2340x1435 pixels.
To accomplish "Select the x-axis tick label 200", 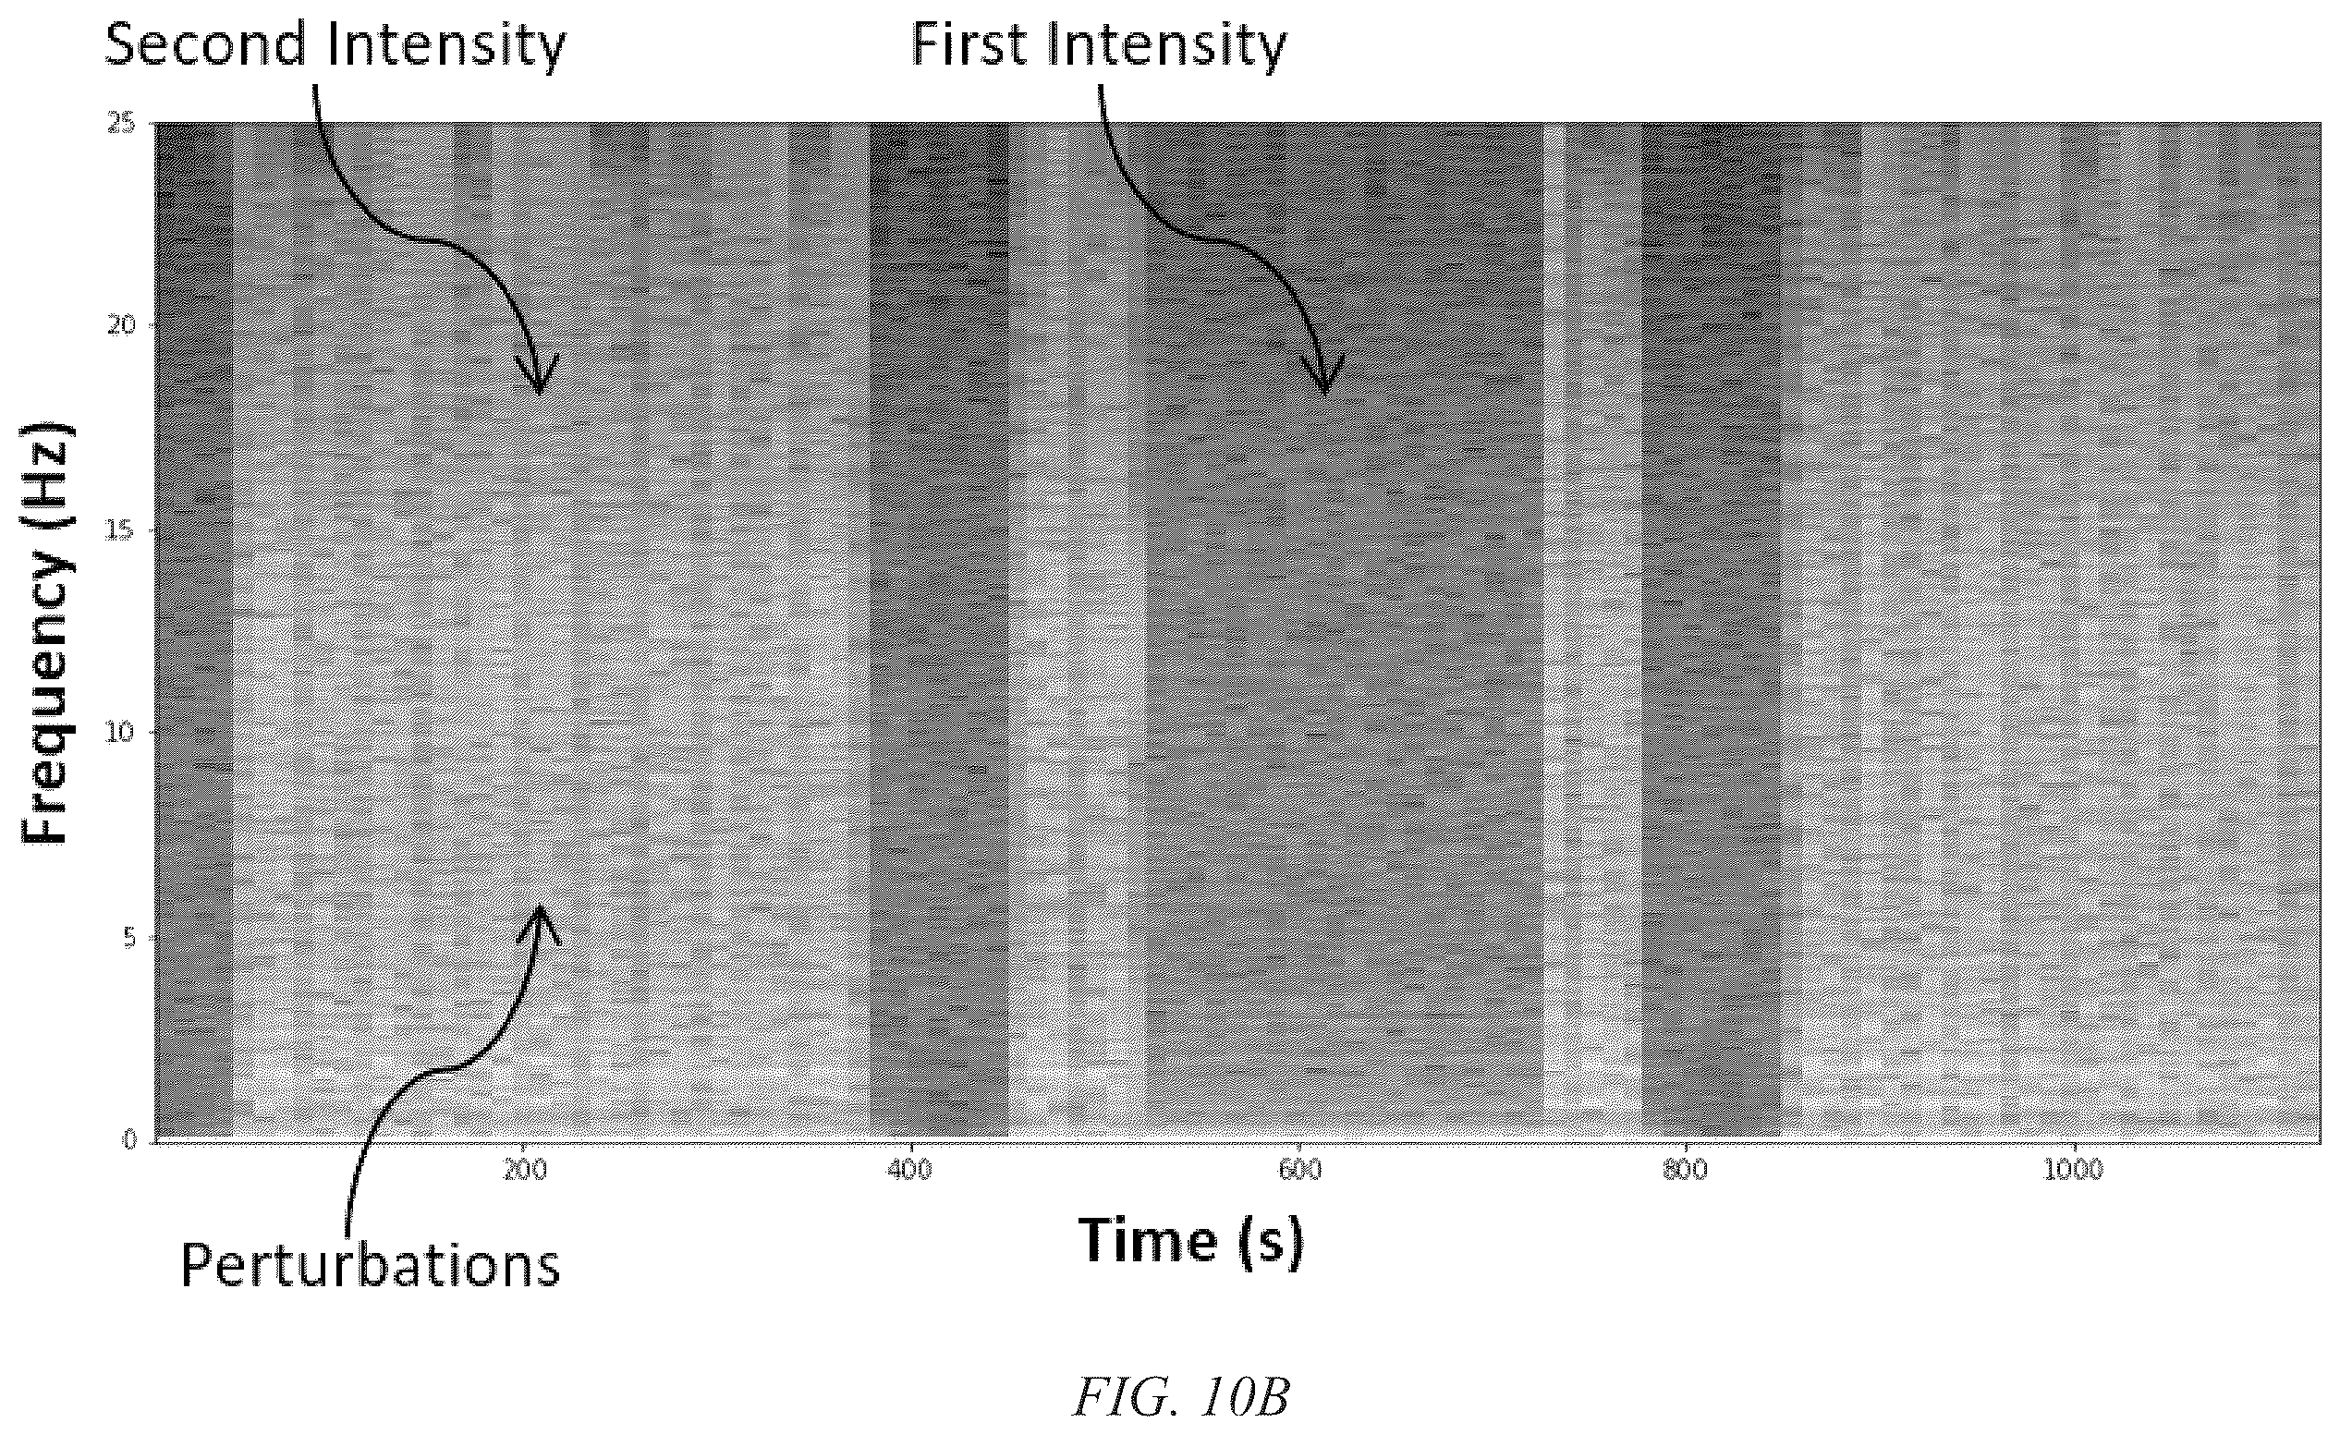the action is (x=524, y=1170).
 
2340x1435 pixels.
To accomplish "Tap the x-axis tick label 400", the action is (x=909, y=1170).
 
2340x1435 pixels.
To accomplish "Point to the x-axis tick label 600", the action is (x=1299, y=1170).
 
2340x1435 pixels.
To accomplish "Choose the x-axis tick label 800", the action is (x=1686, y=1170).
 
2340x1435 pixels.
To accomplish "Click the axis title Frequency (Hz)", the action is (x=45, y=633).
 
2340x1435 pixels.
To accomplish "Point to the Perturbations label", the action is (x=371, y=1266).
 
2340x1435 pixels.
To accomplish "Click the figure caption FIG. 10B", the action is (x=1181, y=1397).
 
